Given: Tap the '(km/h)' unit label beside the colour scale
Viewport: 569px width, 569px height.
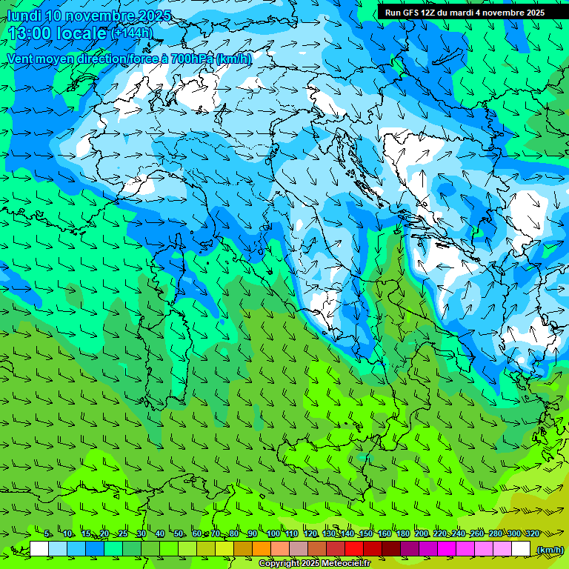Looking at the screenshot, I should pyautogui.click(x=549, y=550).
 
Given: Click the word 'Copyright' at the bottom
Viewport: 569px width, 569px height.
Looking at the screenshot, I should pyautogui.click(x=279, y=564).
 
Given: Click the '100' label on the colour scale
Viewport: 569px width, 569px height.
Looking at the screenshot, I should pyautogui.click(x=273, y=534).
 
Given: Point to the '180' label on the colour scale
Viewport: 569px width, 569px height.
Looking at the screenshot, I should pyautogui.click(x=403, y=534).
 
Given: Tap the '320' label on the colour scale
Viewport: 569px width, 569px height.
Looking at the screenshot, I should pyautogui.click(x=532, y=534).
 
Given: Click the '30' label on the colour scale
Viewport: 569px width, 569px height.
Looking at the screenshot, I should pyautogui.click(x=142, y=534).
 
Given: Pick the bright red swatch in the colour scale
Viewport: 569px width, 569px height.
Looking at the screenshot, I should pyautogui.click(x=354, y=549).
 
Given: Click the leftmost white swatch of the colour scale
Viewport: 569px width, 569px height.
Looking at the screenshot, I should pyautogui.click(x=39, y=549).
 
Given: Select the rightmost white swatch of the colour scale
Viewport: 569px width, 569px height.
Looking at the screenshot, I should pyautogui.click(x=521, y=549).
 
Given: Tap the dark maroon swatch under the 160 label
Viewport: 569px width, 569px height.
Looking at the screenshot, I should pyautogui.click(x=391, y=549).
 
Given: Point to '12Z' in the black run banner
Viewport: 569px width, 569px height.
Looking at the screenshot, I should pyautogui.click(x=433, y=13).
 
